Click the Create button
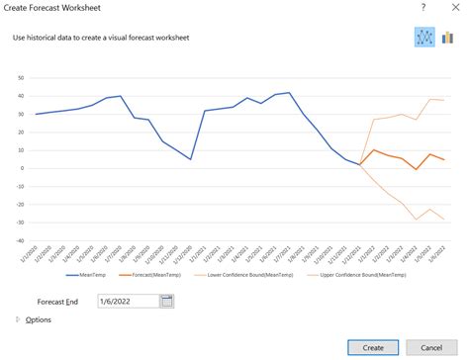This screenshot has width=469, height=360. [x=372, y=347]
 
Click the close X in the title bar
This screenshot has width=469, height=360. [x=451, y=9]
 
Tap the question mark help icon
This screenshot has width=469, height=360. [x=423, y=9]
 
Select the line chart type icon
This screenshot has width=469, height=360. [x=425, y=38]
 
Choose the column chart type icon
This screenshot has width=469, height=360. [x=447, y=38]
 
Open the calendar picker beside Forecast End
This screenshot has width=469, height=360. [x=166, y=301]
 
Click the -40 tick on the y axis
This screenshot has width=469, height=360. [x=19, y=239]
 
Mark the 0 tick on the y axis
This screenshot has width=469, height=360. [x=23, y=168]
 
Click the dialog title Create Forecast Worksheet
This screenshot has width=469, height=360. [x=59, y=9]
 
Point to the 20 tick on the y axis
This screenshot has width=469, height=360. [x=21, y=132]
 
